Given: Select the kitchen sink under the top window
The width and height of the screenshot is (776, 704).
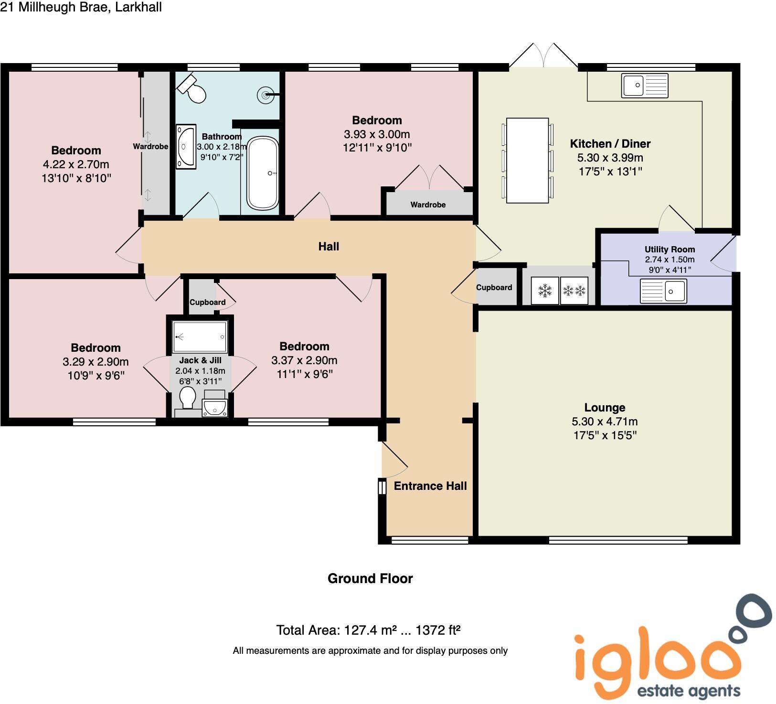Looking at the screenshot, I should [644, 86].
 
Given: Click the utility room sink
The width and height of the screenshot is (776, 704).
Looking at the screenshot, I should [663, 291].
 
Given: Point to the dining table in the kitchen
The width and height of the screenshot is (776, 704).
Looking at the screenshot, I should [527, 161].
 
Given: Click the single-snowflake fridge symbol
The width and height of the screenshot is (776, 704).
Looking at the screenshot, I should [544, 290].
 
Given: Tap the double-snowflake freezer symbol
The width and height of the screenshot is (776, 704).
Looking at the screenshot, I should [574, 290].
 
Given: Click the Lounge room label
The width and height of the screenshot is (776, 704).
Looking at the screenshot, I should [605, 408].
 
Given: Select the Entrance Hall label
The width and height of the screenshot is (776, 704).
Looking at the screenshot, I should [430, 486].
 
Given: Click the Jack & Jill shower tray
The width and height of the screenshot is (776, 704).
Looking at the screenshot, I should [200, 336].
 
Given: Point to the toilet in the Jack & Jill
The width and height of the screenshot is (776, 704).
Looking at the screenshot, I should [187, 398].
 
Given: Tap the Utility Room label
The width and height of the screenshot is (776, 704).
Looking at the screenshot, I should [670, 249].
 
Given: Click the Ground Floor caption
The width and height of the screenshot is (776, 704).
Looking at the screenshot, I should [370, 579].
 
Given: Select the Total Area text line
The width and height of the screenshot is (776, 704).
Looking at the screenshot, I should [368, 630].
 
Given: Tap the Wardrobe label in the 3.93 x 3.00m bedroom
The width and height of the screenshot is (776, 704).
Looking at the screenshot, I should [428, 205].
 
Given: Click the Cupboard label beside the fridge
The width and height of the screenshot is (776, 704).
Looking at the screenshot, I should [494, 287].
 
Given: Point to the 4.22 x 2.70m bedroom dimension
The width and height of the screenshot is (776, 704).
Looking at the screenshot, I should [76, 164].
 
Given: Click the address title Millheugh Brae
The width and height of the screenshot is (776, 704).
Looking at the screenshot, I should [81, 7].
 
